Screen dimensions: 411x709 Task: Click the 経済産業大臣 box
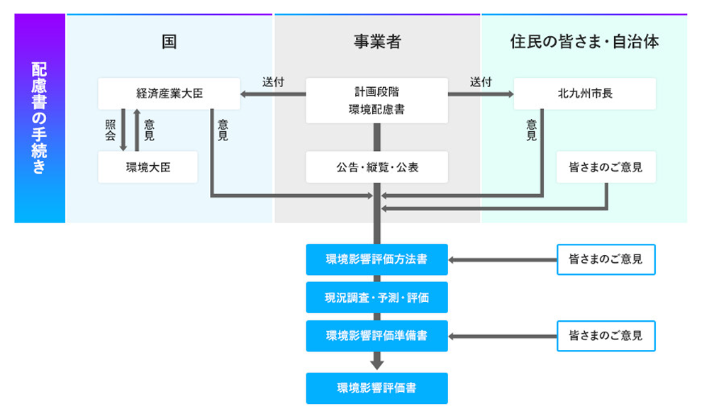[x=169, y=93]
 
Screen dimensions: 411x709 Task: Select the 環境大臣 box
[x=147, y=167]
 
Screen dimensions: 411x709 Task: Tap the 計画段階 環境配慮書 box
[x=376, y=100]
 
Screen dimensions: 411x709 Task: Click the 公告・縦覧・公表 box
[x=376, y=167]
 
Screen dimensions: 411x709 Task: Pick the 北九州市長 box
[x=584, y=93]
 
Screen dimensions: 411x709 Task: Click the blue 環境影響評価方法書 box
[x=376, y=259]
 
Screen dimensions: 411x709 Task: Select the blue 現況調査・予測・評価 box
[x=376, y=298]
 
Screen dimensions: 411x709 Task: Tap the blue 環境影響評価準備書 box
[x=376, y=335]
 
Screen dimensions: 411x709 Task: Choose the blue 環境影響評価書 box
[x=376, y=388]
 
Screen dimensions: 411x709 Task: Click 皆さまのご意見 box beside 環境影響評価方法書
[x=605, y=259]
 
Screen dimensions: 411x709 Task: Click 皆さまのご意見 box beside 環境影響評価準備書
[x=605, y=335]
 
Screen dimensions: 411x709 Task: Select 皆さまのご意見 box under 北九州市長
[x=605, y=167]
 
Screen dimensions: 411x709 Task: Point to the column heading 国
[x=169, y=41]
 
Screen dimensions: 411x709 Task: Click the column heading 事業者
[x=376, y=41]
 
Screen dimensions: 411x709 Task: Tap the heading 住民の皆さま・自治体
[x=584, y=41]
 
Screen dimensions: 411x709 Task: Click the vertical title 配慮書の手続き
[x=40, y=118]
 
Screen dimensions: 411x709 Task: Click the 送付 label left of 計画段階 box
[x=273, y=81]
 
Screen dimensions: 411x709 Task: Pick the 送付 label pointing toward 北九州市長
[x=480, y=81]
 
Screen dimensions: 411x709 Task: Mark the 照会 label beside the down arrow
[x=110, y=130]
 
